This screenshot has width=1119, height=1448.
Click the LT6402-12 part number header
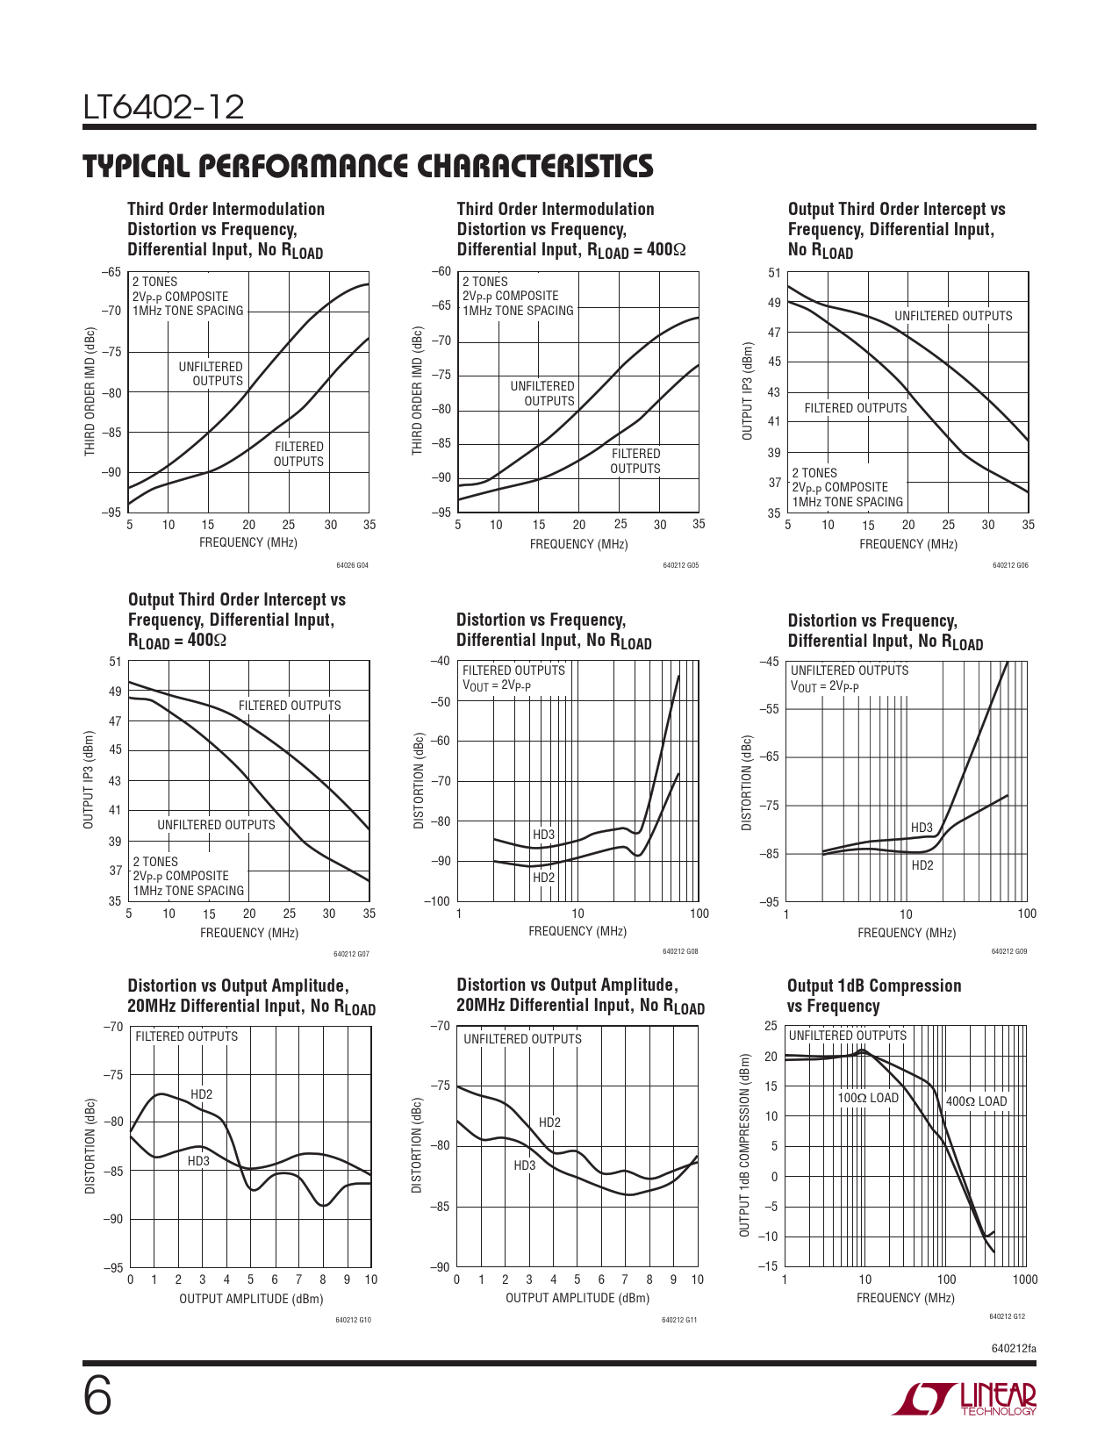pyautogui.click(x=163, y=107)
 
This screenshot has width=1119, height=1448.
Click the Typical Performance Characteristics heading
pyautogui.click(x=368, y=166)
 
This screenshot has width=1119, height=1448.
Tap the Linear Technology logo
pyautogui.click(x=965, y=1400)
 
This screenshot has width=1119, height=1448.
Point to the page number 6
pyautogui.click(x=97, y=1397)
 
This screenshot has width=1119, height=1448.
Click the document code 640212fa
pyautogui.click(x=1013, y=1348)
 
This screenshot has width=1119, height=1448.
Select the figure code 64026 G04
pyautogui.click(x=352, y=565)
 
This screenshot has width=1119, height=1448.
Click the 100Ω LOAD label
pyautogui.click(x=867, y=1098)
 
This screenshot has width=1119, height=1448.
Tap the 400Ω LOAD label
pyautogui.click(x=976, y=1101)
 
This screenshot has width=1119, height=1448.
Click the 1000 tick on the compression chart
pyautogui.click(x=1024, y=1280)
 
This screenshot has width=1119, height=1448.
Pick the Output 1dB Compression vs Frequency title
pyautogui.click(x=873, y=996)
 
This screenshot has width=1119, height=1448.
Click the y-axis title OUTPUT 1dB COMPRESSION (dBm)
pyautogui.click(x=744, y=1145)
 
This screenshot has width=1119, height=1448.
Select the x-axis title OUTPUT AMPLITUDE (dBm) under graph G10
pyautogui.click(x=251, y=1299)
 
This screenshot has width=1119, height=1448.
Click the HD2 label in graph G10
pyautogui.click(x=201, y=1094)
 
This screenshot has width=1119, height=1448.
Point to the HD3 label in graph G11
pyautogui.click(x=524, y=1165)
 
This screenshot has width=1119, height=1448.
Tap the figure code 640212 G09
pyautogui.click(x=1009, y=951)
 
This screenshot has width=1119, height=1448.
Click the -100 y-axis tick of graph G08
pyautogui.click(x=437, y=901)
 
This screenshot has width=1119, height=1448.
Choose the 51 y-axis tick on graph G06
pyautogui.click(x=774, y=273)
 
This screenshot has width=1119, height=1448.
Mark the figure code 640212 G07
pyautogui.click(x=351, y=954)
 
